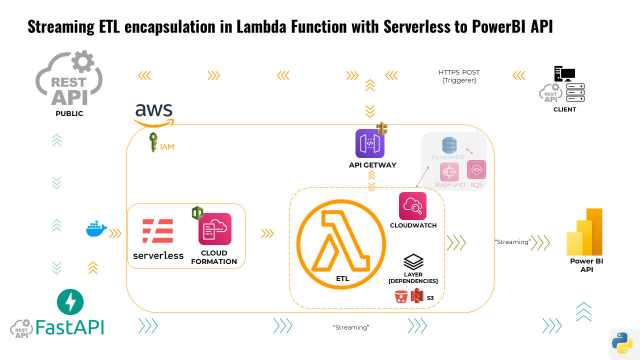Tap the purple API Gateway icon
(x=370, y=143)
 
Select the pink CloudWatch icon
(x=412, y=206)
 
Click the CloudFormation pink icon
(x=214, y=229)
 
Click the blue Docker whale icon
(x=96, y=229)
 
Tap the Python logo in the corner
(x=622, y=343)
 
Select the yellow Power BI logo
(x=585, y=232)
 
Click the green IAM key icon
(x=153, y=142)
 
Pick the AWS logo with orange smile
(x=154, y=114)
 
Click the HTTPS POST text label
(x=459, y=72)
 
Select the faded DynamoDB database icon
(x=449, y=145)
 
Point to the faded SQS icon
(x=476, y=170)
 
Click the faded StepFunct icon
(x=449, y=172)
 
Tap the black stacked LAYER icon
(x=413, y=261)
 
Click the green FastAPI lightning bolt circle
(x=70, y=302)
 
